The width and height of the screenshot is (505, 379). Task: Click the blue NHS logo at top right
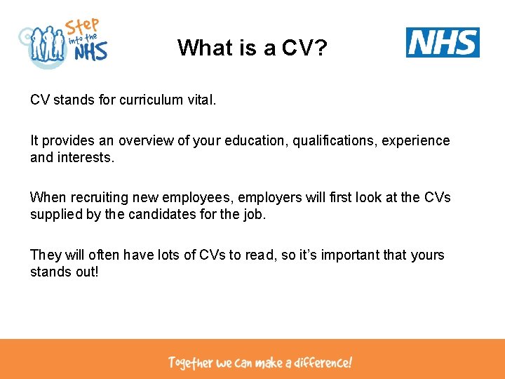pyautogui.click(x=443, y=42)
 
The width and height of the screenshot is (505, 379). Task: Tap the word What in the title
pyautogui.click(x=202, y=47)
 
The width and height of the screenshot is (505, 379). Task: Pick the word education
pyautogui.click(x=253, y=140)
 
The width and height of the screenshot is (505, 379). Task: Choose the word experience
pyautogui.click(x=418, y=140)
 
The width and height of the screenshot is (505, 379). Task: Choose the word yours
pyautogui.click(x=427, y=255)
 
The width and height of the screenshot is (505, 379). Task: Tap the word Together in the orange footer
pyautogui.click(x=190, y=363)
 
